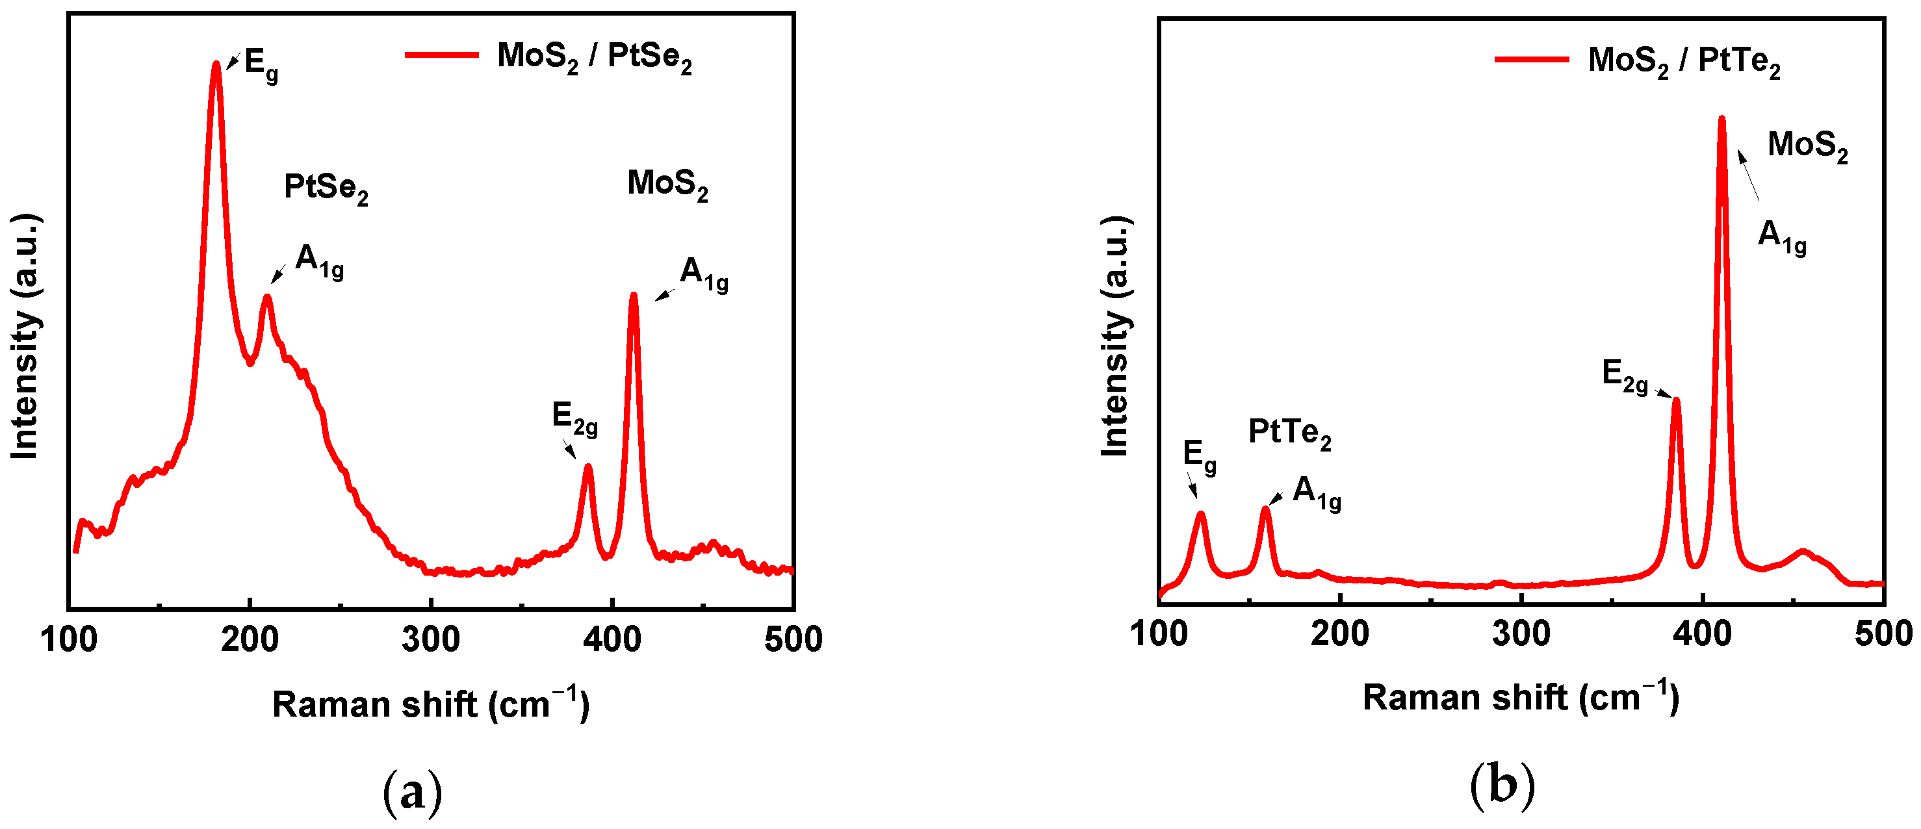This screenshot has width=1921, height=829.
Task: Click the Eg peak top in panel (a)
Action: tap(216, 64)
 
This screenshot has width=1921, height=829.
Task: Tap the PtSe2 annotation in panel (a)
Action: tap(326, 188)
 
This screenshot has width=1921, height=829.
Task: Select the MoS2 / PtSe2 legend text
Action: tap(595, 57)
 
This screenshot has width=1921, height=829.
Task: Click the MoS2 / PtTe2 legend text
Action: tap(1684, 61)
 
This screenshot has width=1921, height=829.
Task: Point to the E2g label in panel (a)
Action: tap(574, 418)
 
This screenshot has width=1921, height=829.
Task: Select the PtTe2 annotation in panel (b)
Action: tap(1289, 434)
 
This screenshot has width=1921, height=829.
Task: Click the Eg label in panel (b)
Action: tap(1199, 456)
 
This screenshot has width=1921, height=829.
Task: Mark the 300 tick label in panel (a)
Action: tap(430, 640)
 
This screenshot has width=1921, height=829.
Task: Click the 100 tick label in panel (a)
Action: tap(69, 640)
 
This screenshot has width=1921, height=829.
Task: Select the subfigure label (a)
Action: tap(413, 793)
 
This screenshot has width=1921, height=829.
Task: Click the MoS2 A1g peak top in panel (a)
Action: tap(634, 295)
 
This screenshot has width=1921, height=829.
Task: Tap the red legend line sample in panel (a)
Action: tap(441, 55)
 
